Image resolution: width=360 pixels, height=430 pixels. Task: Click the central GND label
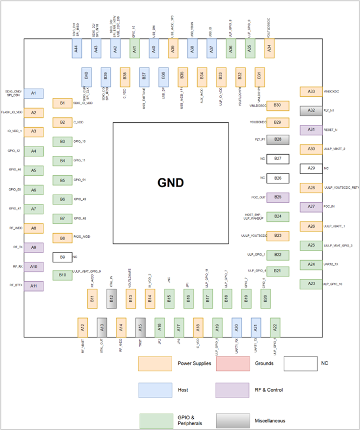coord(171,183)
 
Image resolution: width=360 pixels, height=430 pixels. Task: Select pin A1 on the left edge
coord(34,94)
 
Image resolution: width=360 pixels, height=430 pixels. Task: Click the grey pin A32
coord(311,110)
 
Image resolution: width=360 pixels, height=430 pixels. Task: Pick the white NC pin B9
coord(62,257)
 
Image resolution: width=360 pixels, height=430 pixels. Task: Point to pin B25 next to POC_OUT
coord(278,197)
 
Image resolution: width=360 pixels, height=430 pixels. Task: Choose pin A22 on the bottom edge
coord(275,327)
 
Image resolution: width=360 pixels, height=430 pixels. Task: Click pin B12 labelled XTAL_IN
coord(111,299)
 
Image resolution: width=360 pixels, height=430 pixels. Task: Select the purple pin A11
coord(34,286)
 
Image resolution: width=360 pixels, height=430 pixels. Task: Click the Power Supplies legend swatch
coord(155,363)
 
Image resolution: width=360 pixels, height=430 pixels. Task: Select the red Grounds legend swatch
coord(233,363)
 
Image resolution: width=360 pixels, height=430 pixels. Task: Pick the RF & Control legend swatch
coord(233,389)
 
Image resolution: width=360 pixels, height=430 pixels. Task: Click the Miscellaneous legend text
coord(270,420)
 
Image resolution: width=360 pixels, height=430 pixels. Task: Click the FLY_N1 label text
coord(330,110)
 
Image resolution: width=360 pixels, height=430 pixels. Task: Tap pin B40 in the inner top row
coord(86,76)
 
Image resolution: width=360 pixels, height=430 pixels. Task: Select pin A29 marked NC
coord(311,168)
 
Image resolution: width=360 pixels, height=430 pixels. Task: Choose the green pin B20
coord(265,299)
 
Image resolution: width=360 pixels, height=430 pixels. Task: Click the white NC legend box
coord(300,363)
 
